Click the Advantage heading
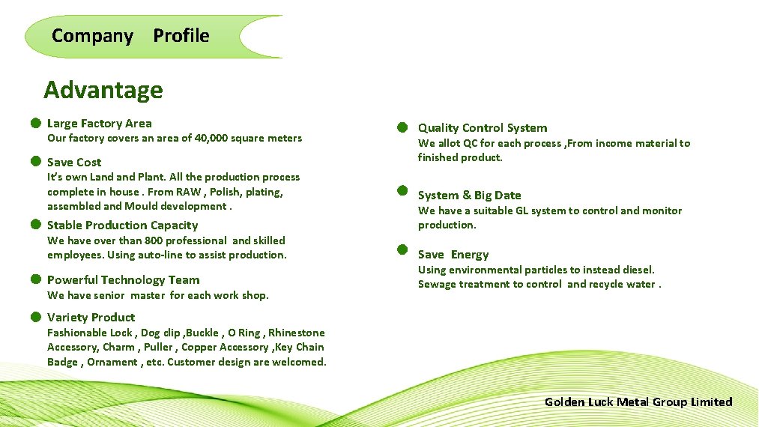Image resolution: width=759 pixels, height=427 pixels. [103, 90]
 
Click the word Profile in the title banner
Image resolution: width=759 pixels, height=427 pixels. [181, 35]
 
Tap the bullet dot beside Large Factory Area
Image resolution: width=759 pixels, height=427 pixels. [35, 123]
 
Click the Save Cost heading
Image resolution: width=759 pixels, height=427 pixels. [74, 162]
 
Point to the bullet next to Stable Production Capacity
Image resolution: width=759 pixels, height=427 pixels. [35, 224]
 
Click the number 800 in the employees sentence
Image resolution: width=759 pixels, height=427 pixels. [155, 240]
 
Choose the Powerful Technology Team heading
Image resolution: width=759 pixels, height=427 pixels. [123, 279]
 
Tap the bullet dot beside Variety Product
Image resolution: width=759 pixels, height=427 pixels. [35, 316]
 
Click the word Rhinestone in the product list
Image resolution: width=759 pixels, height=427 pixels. [297, 333]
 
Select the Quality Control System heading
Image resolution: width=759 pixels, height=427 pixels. [482, 127]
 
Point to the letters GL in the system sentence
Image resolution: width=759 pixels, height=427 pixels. [537, 211]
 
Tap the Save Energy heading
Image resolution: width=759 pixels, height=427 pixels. [453, 255]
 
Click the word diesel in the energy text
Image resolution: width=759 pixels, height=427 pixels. [636, 270]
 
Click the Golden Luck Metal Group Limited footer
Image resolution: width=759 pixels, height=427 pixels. [638, 402]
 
